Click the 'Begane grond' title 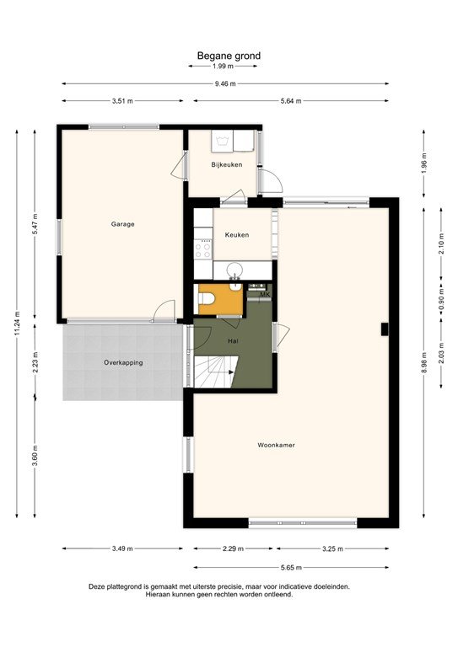tap(229, 56)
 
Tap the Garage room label tap(122, 224)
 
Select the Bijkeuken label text tap(227, 164)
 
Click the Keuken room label tap(236, 234)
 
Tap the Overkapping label tap(123, 362)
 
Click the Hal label tap(233, 340)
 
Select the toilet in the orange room tap(207, 299)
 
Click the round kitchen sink tap(234, 270)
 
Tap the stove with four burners tap(203, 248)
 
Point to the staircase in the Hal tap(215, 372)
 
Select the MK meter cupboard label tap(263, 295)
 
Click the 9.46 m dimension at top tap(224, 83)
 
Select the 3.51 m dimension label tap(122, 101)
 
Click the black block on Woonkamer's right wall tap(384, 328)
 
